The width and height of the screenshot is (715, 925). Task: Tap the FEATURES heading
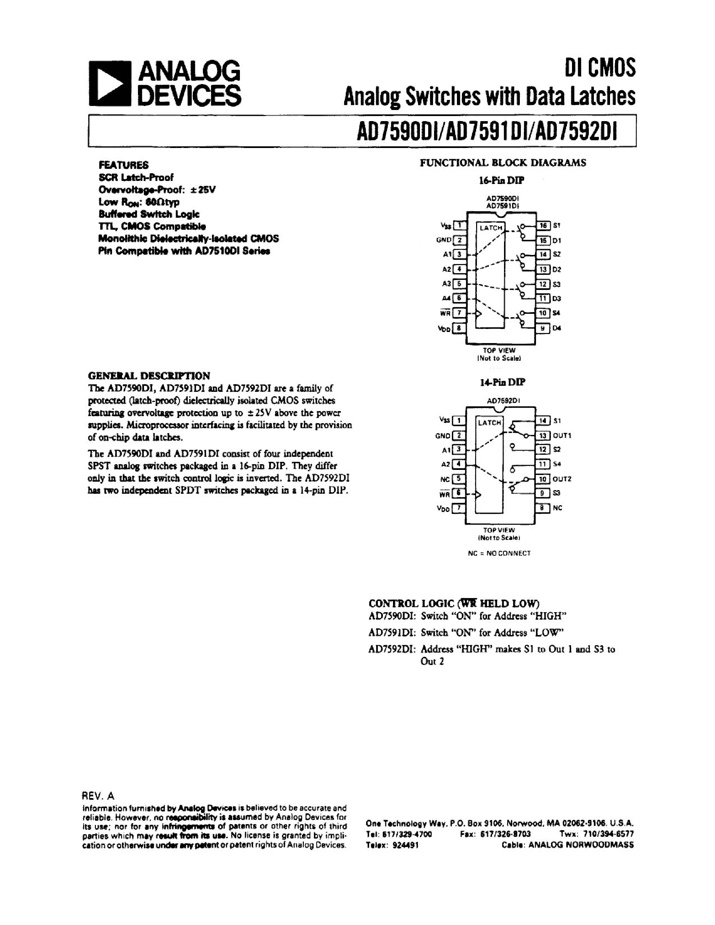pos(124,165)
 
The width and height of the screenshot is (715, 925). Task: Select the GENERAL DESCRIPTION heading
pos(149,376)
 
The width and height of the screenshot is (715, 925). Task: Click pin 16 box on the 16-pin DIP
pos(543,225)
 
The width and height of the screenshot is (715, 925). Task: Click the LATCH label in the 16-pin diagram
pos(491,228)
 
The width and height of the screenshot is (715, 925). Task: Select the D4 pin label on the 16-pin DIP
pos(557,328)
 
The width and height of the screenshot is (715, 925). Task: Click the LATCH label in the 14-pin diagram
pos(489,423)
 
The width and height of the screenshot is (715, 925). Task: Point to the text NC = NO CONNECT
pos(499,553)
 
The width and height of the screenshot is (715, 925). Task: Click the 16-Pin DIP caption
pos(502,180)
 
